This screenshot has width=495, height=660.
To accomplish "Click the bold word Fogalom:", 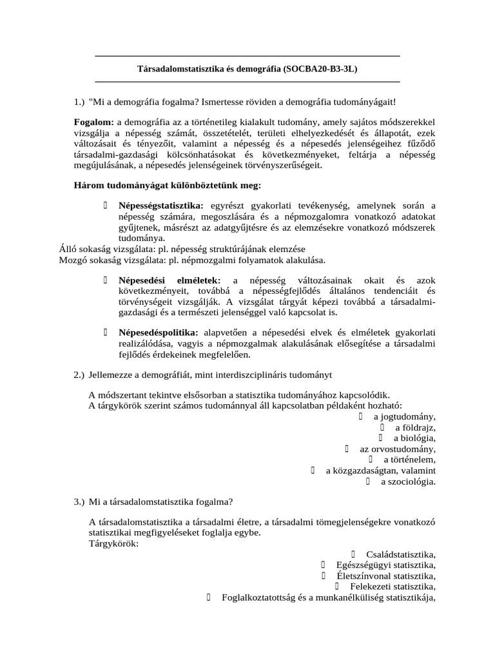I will tap(94, 122).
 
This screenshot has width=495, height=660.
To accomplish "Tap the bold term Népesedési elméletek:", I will tap(170, 280).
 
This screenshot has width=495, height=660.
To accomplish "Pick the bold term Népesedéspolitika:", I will tap(158, 333).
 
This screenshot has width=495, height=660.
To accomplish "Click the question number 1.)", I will tap(79, 102).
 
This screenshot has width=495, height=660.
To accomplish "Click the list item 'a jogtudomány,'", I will tap(404, 416).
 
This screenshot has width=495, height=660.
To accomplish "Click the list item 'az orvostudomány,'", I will tap(398, 449).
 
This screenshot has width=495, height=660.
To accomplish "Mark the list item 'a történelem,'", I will tap(409, 460).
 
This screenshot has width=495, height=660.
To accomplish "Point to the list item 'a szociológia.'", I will tap(408, 482).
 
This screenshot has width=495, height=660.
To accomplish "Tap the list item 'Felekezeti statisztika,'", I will tap(393, 587).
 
